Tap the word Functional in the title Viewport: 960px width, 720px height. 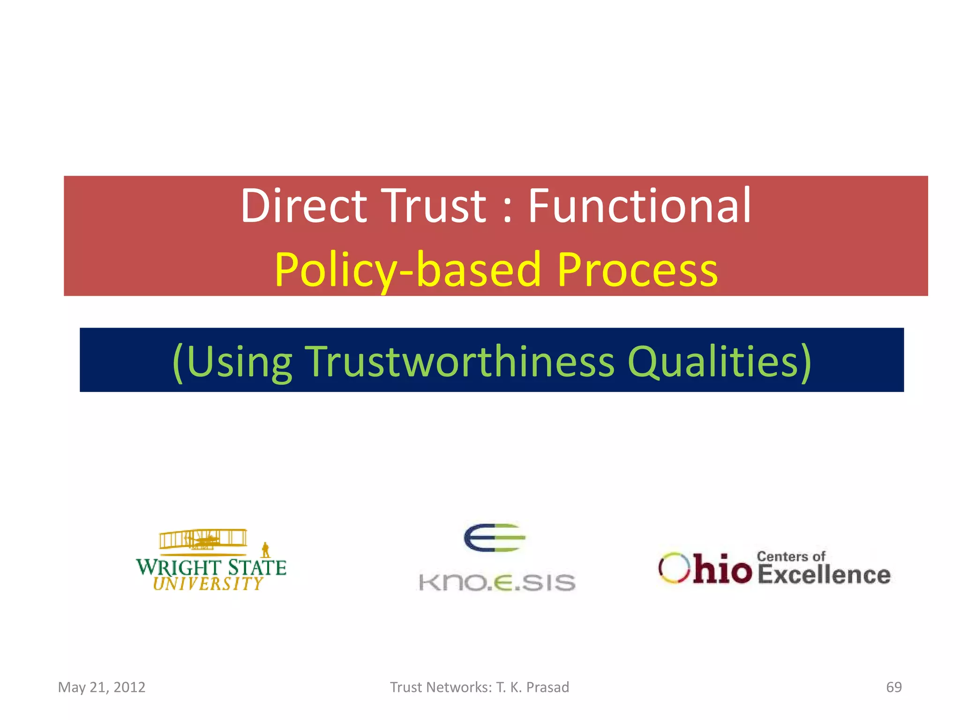[x=639, y=206]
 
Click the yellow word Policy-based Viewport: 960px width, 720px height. [x=408, y=270]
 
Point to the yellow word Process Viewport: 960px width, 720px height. [x=637, y=270]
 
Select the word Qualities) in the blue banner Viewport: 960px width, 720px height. [x=719, y=361]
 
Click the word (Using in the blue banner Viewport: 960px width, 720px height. [x=232, y=361]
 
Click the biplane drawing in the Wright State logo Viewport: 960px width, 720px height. [x=203, y=540]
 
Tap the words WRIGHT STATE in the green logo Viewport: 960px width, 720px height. [x=211, y=567]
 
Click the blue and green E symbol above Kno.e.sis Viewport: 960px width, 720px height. [x=495, y=538]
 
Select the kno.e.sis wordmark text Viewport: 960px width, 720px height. [x=497, y=582]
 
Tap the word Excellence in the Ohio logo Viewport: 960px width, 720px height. [x=824, y=575]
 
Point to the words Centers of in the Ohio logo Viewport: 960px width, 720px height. [x=791, y=556]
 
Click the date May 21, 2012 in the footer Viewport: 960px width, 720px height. [x=102, y=687]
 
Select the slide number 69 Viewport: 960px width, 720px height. [x=893, y=687]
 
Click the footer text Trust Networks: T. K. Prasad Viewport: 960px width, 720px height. [x=480, y=687]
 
